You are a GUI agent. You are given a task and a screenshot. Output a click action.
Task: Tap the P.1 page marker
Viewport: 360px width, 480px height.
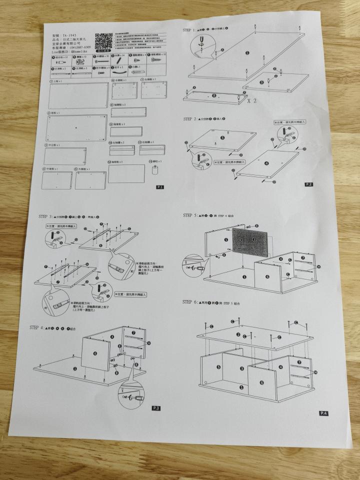pos(159,187)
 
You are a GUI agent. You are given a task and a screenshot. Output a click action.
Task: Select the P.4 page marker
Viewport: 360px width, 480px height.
pos(323,413)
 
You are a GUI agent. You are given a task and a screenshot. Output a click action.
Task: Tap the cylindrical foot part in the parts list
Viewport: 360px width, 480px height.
pos(155,169)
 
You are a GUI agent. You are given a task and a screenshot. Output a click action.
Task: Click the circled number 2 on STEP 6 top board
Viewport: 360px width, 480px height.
pos(238,334)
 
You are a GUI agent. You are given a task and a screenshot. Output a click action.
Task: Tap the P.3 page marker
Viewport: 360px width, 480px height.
pos(156,408)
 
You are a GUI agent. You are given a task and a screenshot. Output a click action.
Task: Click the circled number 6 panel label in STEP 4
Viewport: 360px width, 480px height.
pos(95,353)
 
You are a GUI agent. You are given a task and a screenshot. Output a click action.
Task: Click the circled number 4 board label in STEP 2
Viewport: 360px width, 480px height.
pos(266,163)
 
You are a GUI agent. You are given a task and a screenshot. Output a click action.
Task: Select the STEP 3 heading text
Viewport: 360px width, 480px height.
pos(47,216)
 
